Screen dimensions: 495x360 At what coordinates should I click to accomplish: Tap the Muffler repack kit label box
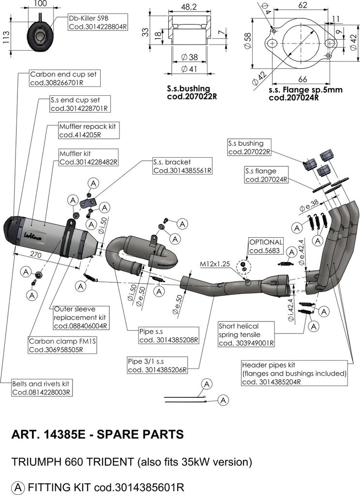pyautogui.click(x=88, y=131)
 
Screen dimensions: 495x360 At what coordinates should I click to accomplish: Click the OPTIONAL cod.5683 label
pyautogui.click(x=266, y=246)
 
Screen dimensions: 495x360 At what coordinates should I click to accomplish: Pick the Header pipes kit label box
pyautogui.click(x=295, y=373)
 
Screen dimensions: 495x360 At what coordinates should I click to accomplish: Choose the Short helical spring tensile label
pyautogui.click(x=246, y=335)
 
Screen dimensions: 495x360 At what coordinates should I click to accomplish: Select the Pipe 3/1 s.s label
pyautogui.click(x=156, y=366)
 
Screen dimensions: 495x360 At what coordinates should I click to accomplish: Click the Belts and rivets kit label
pyautogui.click(x=43, y=388)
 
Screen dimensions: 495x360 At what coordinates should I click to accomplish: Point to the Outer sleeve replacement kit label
pyautogui.click(x=80, y=317)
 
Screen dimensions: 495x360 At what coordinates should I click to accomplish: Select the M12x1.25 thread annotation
pyautogui.click(x=216, y=264)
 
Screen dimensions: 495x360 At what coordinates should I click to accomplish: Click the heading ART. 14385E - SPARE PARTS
pyautogui.click(x=97, y=434)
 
